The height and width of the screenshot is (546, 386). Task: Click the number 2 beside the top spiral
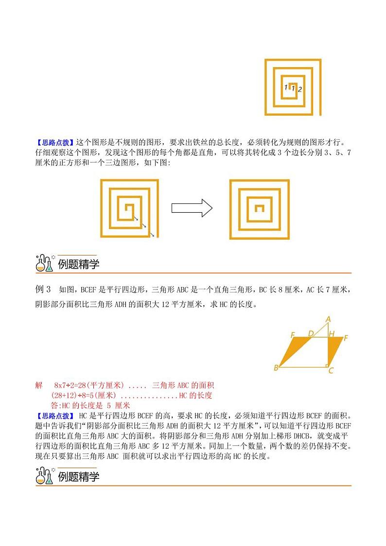(x=300, y=89)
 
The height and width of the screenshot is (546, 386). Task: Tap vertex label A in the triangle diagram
(x=328, y=319)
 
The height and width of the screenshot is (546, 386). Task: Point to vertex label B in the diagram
(x=276, y=367)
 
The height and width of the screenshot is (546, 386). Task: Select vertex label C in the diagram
(x=331, y=371)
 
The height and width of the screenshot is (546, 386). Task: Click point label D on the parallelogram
(x=311, y=333)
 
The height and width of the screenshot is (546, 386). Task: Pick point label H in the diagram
(x=331, y=334)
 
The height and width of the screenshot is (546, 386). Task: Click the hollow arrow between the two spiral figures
(x=192, y=208)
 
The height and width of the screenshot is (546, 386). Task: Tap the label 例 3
(x=43, y=290)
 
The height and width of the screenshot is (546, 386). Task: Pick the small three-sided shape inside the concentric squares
(x=260, y=209)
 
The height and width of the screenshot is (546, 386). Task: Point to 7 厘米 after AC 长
(x=338, y=290)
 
